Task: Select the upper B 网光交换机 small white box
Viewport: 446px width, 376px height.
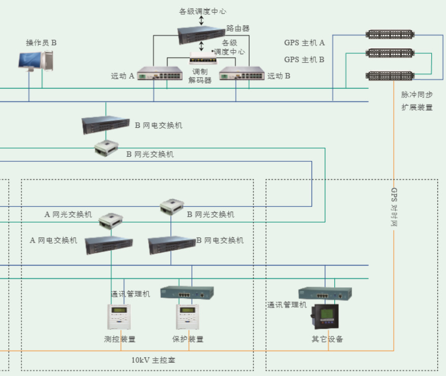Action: click(106, 148)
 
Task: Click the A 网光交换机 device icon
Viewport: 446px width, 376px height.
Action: click(110, 221)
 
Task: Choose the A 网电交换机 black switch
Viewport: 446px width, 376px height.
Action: click(109, 246)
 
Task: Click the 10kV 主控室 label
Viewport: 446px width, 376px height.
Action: click(154, 360)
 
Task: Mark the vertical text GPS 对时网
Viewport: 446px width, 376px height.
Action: click(394, 207)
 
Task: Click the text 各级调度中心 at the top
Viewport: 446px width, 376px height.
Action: click(202, 11)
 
